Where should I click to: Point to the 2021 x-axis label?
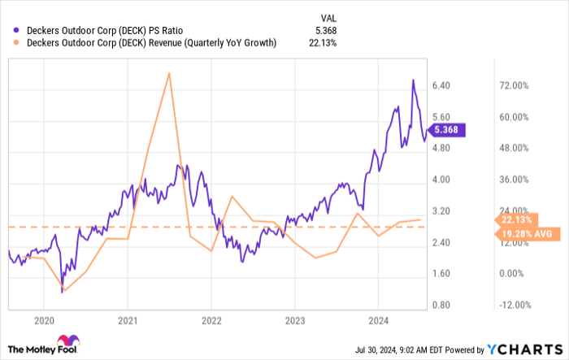tap(128, 319)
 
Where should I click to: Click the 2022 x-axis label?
tap(211, 319)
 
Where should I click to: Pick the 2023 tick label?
tap(295, 319)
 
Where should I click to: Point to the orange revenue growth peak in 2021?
tap(168, 73)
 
